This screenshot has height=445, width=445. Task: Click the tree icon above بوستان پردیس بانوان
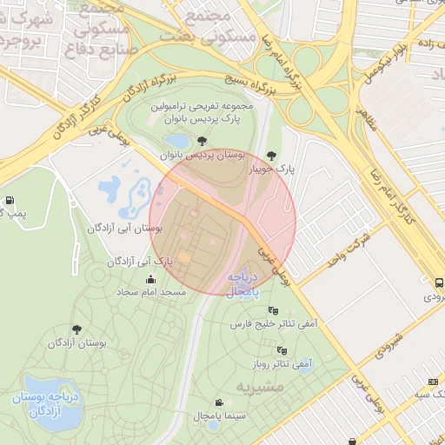[202, 140]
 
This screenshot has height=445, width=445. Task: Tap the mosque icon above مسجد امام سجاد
[151, 279]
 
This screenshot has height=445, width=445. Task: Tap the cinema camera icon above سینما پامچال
[218, 402]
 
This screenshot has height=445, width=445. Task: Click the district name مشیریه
[260, 385]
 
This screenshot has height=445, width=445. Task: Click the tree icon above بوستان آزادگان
[76, 329]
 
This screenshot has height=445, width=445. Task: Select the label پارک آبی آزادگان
[137, 261]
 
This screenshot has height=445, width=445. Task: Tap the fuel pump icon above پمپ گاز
[10, 200]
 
